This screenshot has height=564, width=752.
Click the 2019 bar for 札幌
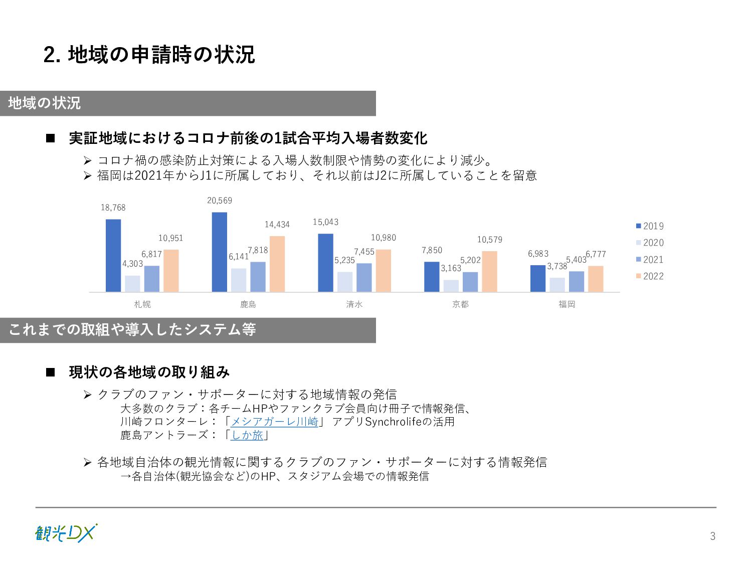click(113, 255)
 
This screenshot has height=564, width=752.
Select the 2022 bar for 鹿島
click(277, 264)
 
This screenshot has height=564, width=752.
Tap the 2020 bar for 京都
click(451, 286)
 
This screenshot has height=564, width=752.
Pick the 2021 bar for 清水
click(364, 277)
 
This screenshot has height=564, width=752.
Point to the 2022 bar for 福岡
click(596, 279)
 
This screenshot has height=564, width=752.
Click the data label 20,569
click(220, 201)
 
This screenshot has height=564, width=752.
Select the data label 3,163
click(451, 268)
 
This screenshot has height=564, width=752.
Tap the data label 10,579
click(489, 240)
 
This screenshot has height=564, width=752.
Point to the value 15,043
click(325, 222)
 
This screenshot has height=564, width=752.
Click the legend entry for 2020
click(650, 243)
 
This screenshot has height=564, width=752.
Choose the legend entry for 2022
click(650, 276)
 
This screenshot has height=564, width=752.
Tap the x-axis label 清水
click(354, 304)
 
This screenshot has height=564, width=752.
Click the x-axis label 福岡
click(567, 304)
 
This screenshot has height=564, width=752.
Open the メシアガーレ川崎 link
click(274, 422)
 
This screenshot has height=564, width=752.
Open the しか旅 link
click(247, 435)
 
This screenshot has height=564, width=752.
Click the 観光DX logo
click(66, 533)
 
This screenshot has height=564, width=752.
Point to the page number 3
click(712, 536)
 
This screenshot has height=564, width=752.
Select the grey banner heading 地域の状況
click(45, 103)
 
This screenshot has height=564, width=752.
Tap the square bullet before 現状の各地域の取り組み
click(50, 372)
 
